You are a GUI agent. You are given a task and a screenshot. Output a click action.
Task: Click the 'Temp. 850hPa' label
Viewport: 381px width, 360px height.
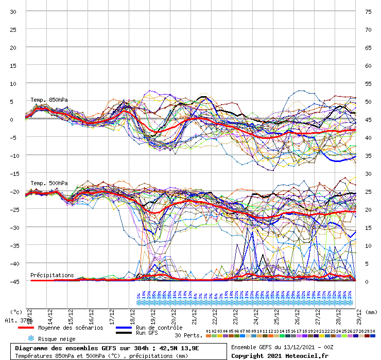[x=49, y=100]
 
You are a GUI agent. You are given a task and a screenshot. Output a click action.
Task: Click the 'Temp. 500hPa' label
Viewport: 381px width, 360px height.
[x=49, y=183]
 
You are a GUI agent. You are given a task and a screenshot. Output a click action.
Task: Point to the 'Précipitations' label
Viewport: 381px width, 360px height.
[x=52, y=275]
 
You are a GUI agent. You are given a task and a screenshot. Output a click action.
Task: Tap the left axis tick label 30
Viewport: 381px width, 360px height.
[x=13, y=11]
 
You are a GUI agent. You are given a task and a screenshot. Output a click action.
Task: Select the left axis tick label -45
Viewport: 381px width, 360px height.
[x=13, y=281]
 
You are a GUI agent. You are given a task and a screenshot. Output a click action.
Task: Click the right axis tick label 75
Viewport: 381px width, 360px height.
[x=368, y=11]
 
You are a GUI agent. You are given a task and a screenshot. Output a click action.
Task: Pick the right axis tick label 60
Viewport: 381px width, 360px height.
[x=368, y=65]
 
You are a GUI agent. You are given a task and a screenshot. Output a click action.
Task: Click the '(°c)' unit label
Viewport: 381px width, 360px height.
[x=16, y=312]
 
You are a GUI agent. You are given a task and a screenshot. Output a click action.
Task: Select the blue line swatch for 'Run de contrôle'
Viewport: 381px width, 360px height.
[x=124, y=328]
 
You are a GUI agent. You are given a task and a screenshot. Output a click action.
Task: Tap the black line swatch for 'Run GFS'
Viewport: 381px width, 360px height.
[x=124, y=333]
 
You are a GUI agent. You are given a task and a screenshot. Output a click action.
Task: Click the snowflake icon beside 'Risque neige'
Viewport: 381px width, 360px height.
[x=30, y=338]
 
